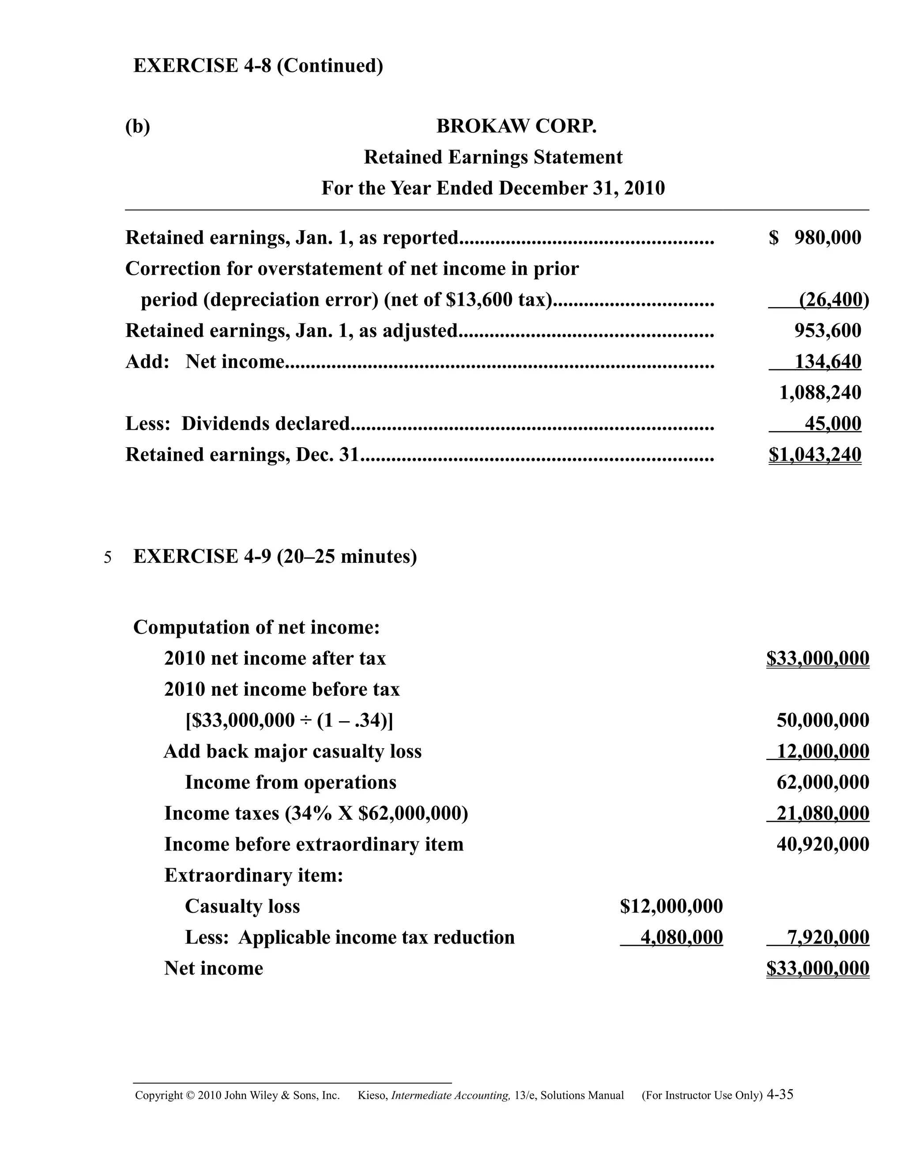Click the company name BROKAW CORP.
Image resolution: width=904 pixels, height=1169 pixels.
(516, 126)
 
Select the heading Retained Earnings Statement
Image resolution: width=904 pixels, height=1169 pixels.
(493, 157)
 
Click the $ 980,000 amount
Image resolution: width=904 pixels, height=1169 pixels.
(814, 238)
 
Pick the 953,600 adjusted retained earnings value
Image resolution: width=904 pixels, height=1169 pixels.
(828, 331)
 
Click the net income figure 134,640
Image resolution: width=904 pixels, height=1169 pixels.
(828, 362)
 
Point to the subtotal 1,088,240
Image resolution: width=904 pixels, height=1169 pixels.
(820, 393)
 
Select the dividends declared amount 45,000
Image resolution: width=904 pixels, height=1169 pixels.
(833, 424)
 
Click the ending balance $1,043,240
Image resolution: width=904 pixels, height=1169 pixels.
(814, 455)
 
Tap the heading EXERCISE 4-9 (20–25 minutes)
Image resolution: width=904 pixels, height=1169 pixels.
(275, 557)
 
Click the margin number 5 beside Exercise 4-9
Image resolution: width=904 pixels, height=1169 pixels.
(108, 558)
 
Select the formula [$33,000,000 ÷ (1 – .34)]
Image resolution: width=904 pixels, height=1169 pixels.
(289, 720)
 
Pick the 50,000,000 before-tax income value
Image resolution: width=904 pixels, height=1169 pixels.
(823, 720)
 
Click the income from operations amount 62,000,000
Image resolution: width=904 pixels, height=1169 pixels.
(823, 783)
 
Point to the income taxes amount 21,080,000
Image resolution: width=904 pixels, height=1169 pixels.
(823, 813)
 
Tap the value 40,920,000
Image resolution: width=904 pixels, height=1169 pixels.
(823, 845)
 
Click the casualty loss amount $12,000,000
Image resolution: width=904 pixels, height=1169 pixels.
(671, 907)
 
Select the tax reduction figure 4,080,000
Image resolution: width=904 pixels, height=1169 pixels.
(681, 938)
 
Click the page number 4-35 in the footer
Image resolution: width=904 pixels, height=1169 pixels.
(780, 1094)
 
